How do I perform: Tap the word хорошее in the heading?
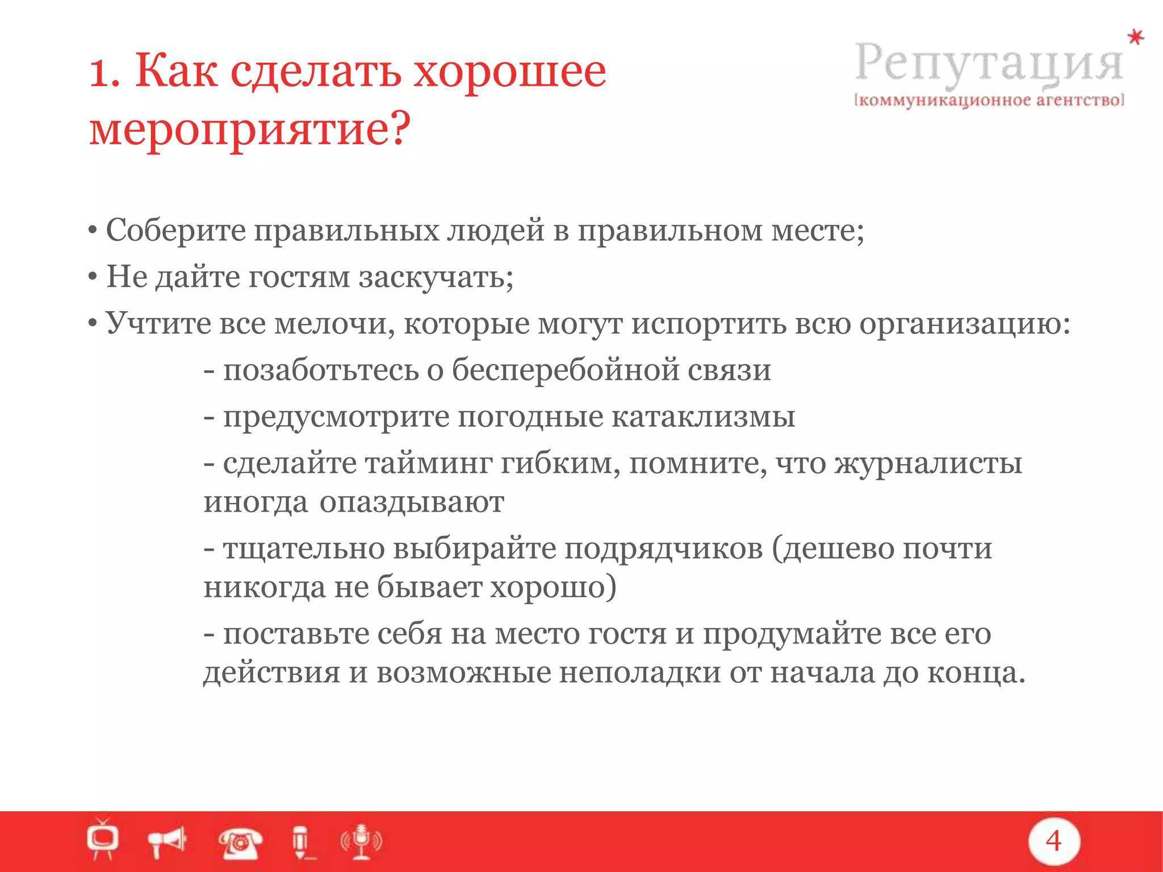coord(509,73)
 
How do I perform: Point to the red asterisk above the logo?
coord(1135,37)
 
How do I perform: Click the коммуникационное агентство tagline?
coord(989,100)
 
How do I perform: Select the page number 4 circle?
coord(1053,841)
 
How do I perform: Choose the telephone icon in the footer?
coord(240,842)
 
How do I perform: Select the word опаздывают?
coord(411,502)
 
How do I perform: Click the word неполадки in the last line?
coord(639,673)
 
